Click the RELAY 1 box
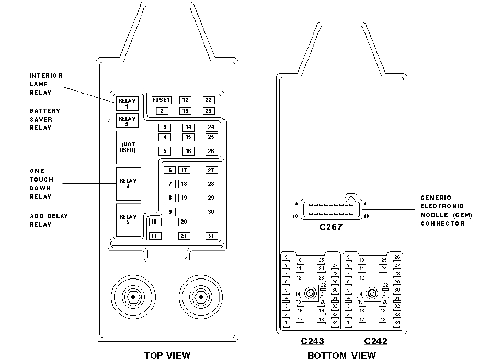(x=127, y=103)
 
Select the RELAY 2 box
(x=127, y=121)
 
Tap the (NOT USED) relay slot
(x=128, y=147)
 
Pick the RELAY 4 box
(x=128, y=184)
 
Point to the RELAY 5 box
(x=128, y=219)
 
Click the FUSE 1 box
(x=162, y=100)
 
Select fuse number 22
(x=208, y=100)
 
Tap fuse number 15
(x=188, y=137)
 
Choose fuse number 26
(x=211, y=151)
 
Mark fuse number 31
(x=211, y=236)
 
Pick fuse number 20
(x=184, y=222)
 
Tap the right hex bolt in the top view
(x=199, y=297)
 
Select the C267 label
(x=330, y=227)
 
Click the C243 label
(x=312, y=341)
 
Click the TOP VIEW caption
(x=167, y=355)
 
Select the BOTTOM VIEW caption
(x=341, y=355)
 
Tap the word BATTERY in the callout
(x=45, y=111)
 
